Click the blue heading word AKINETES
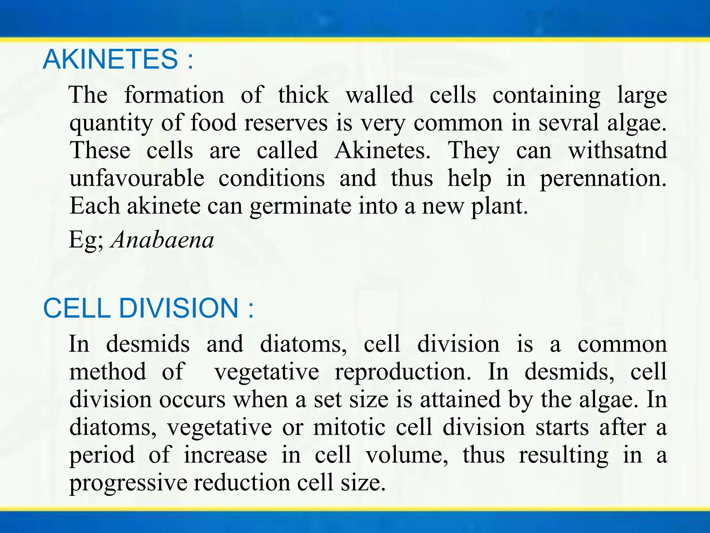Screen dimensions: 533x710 pyautogui.click(x=110, y=59)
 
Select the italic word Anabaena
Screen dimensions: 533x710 pyautogui.click(x=162, y=240)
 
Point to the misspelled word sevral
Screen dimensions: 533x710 pyautogui.click(x=569, y=123)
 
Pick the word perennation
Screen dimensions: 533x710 pyautogui.click(x=603, y=178)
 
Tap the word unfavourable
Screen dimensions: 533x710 pyautogui.click(x=137, y=178)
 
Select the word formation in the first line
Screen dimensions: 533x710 pyautogui.click(x=174, y=95)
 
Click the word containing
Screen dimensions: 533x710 pyautogui.click(x=546, y=95)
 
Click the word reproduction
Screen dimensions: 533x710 pyautogui.click(x=403, y=372)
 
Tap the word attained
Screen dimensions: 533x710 pyautogui.click(x=460, y=399)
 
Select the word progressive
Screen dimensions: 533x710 pyautogui.click(x=128, y=483)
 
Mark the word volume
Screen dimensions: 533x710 pyautogui.click(x=407, y=455)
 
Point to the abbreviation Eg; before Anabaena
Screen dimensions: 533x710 pyautogui.click(x=86, y=240)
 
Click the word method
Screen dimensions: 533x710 pyautogui.click(x=107, y=372)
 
